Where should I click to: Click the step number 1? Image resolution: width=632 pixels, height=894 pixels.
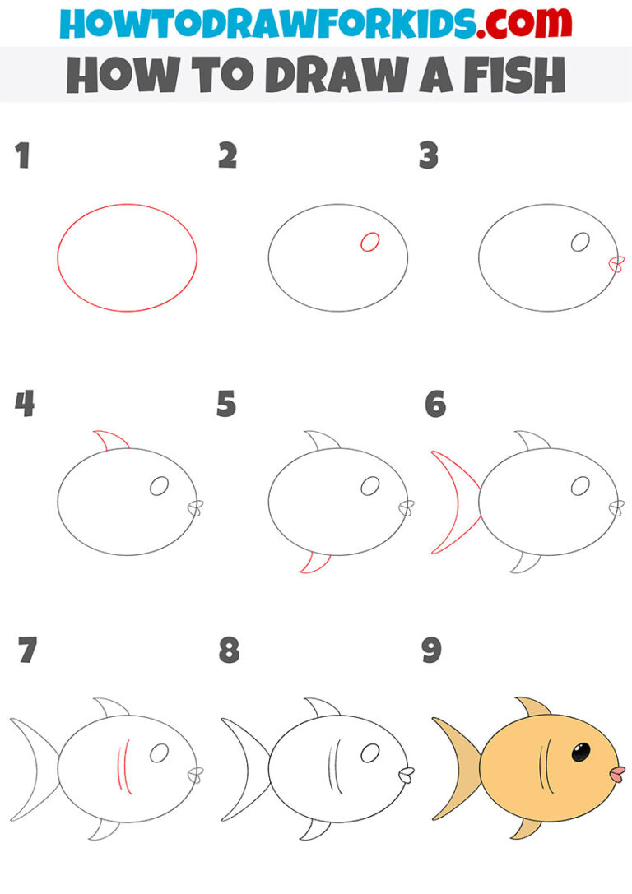pos(22,156)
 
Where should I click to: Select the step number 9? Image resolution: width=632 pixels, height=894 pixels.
pos(431,651)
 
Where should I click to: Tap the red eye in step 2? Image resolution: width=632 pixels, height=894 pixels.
pos(369,242)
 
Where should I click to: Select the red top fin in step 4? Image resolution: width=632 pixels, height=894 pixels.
pos(111,441)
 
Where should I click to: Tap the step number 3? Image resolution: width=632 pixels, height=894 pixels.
pos(428,156)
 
